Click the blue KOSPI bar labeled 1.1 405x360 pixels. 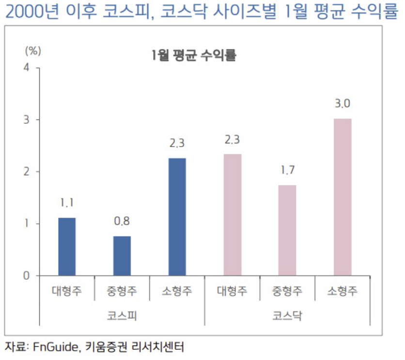click(67, 247)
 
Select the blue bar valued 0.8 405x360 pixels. click(122, 256)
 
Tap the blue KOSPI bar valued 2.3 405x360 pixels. click(177, 217)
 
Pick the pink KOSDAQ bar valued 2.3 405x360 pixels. click(233, 215)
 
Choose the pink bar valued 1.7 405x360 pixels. click(287, 230)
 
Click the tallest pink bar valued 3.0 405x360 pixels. click(343, 197)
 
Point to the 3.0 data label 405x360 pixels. click(343, 104)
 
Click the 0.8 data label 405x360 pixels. click(122, 221)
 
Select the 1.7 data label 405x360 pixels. click(287, 170)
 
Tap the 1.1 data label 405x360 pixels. click(67, 203)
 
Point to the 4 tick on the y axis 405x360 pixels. click(26, 67)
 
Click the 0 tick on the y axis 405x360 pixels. click(26, 276)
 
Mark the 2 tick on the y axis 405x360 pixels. click(26, 172)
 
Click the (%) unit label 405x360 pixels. click(32, 50)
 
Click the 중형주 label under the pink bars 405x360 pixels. click(287, 291)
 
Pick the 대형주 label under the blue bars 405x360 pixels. click(67, 291)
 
